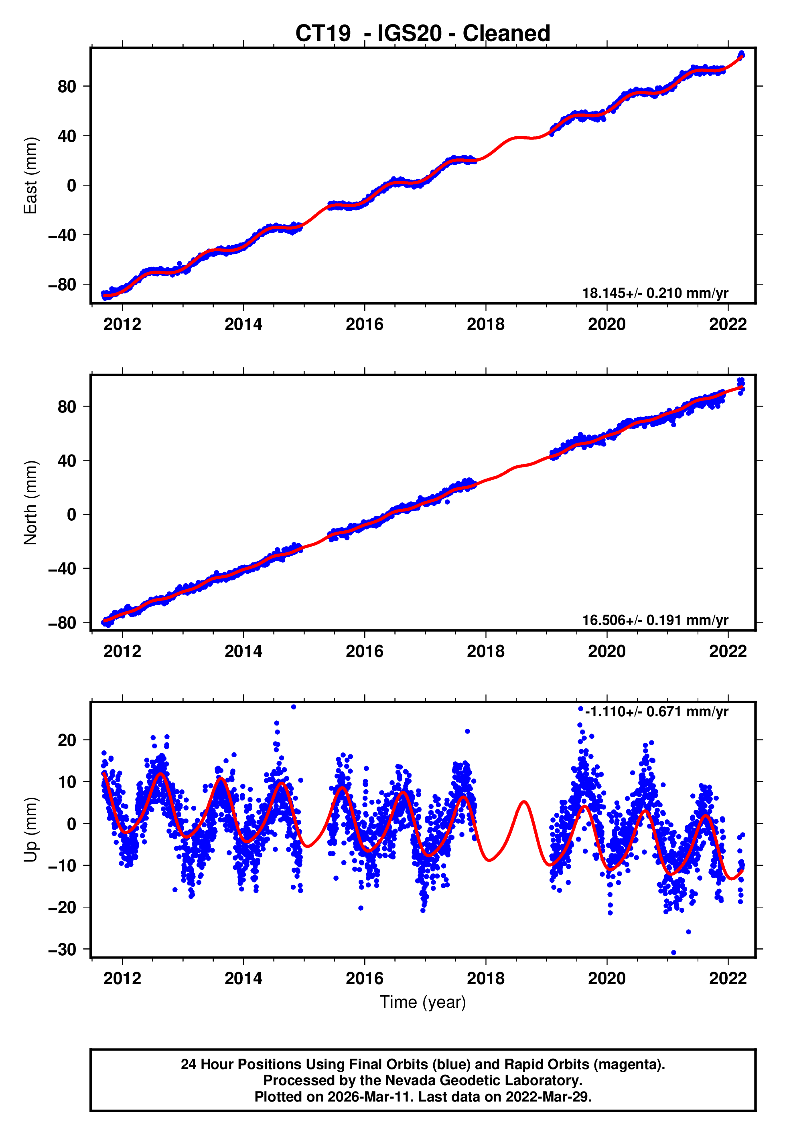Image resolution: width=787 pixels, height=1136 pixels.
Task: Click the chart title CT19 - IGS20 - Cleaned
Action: click(x=423, y=34)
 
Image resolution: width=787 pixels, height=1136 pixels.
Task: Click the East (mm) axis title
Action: click(x=30, y=176)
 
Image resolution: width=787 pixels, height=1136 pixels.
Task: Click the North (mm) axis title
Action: click(x=30, y=503)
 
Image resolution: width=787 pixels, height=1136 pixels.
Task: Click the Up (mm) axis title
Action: click(x=30, y=830)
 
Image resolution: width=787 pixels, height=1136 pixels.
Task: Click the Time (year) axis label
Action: click(x=423, y=1003)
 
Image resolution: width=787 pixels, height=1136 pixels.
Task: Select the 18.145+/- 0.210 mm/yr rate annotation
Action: click(x=655, y=293)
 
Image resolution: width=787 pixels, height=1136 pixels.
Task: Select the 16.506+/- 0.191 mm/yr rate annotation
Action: click(x=655, y=620)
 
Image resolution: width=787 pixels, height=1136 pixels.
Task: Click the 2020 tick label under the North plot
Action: click(x=606, y=652)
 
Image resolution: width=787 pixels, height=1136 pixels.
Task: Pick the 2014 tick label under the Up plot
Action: click(x=243, y=978)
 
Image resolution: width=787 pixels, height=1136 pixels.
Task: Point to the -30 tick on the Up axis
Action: click(x=63, y=949)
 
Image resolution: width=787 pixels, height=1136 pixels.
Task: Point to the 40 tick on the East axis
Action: click(x=67, y=136)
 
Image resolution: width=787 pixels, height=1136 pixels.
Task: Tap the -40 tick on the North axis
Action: click(x=63, y=568)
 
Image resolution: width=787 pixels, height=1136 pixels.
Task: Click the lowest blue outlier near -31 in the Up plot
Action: click(x=673, y=953)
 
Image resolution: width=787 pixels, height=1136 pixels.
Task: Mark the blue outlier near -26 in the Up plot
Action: click(x=688, y=932)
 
